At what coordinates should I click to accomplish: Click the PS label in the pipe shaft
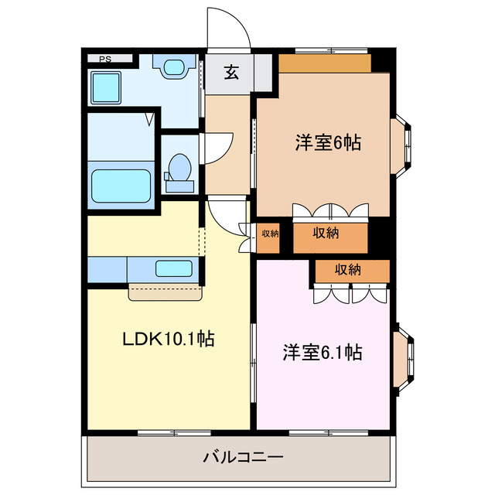click(x=105, y=59)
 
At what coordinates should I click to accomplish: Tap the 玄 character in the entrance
click(x=232, y=72)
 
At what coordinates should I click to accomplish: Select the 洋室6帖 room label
click(x=328, y=142)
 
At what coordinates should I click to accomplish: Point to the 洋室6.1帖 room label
click(x=323, y=353)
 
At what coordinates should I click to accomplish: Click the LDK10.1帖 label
click(x=169, y=339)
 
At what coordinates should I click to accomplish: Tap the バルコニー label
click(x=243, y=457)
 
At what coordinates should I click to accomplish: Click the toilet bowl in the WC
click(x=179, y=167)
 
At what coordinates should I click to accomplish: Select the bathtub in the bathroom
click(x=121, y=186)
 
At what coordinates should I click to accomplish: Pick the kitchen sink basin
click(x=173, y=268)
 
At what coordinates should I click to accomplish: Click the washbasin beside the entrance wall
click(x=174, y=67)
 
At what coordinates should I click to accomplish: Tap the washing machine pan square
click(x=106, y=87)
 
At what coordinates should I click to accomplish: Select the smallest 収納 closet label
click(x=270, y=234)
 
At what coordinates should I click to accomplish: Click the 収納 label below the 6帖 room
click(x=326, y=233)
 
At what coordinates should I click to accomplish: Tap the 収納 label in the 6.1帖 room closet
click(x=348, y=270)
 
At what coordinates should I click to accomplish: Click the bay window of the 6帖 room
click(x=401, y=146)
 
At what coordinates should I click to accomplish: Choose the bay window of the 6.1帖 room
click(x=403, y=357)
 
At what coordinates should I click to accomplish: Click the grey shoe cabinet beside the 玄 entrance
click(x=263, y=73)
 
